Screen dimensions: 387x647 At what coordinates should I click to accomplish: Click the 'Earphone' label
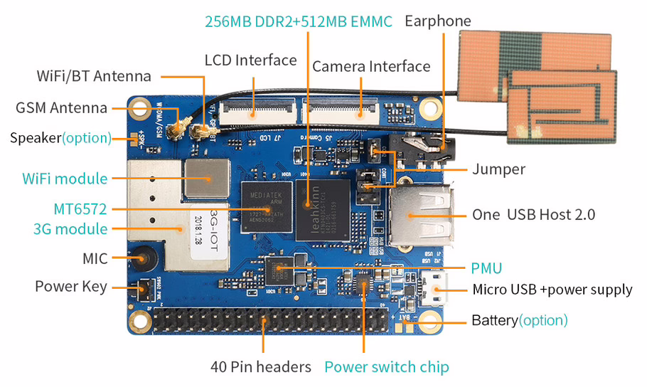[x=437, y=21]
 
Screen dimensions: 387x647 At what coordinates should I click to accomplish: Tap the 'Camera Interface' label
[x=371, y=66]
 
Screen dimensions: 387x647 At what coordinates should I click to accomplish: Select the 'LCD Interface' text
[x=250, y=60]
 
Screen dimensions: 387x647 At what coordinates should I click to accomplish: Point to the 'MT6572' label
[x=80, y=209]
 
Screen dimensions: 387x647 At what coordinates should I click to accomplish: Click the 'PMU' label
[x=486, y=268]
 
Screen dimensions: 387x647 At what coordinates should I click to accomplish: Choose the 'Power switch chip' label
[x=386, y=367]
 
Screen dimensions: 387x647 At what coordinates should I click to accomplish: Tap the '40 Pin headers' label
[x=261, y=367]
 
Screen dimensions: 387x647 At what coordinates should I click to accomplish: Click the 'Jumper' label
[x=498, y=169]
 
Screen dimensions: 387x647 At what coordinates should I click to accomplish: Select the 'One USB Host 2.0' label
[x=533, y=214]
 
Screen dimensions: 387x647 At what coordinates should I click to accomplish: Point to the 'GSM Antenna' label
[x=61, y=108]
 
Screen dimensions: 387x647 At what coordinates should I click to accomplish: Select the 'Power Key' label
[x=71, y=287]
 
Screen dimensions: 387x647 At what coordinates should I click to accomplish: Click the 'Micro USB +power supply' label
[x=552, y=290]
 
